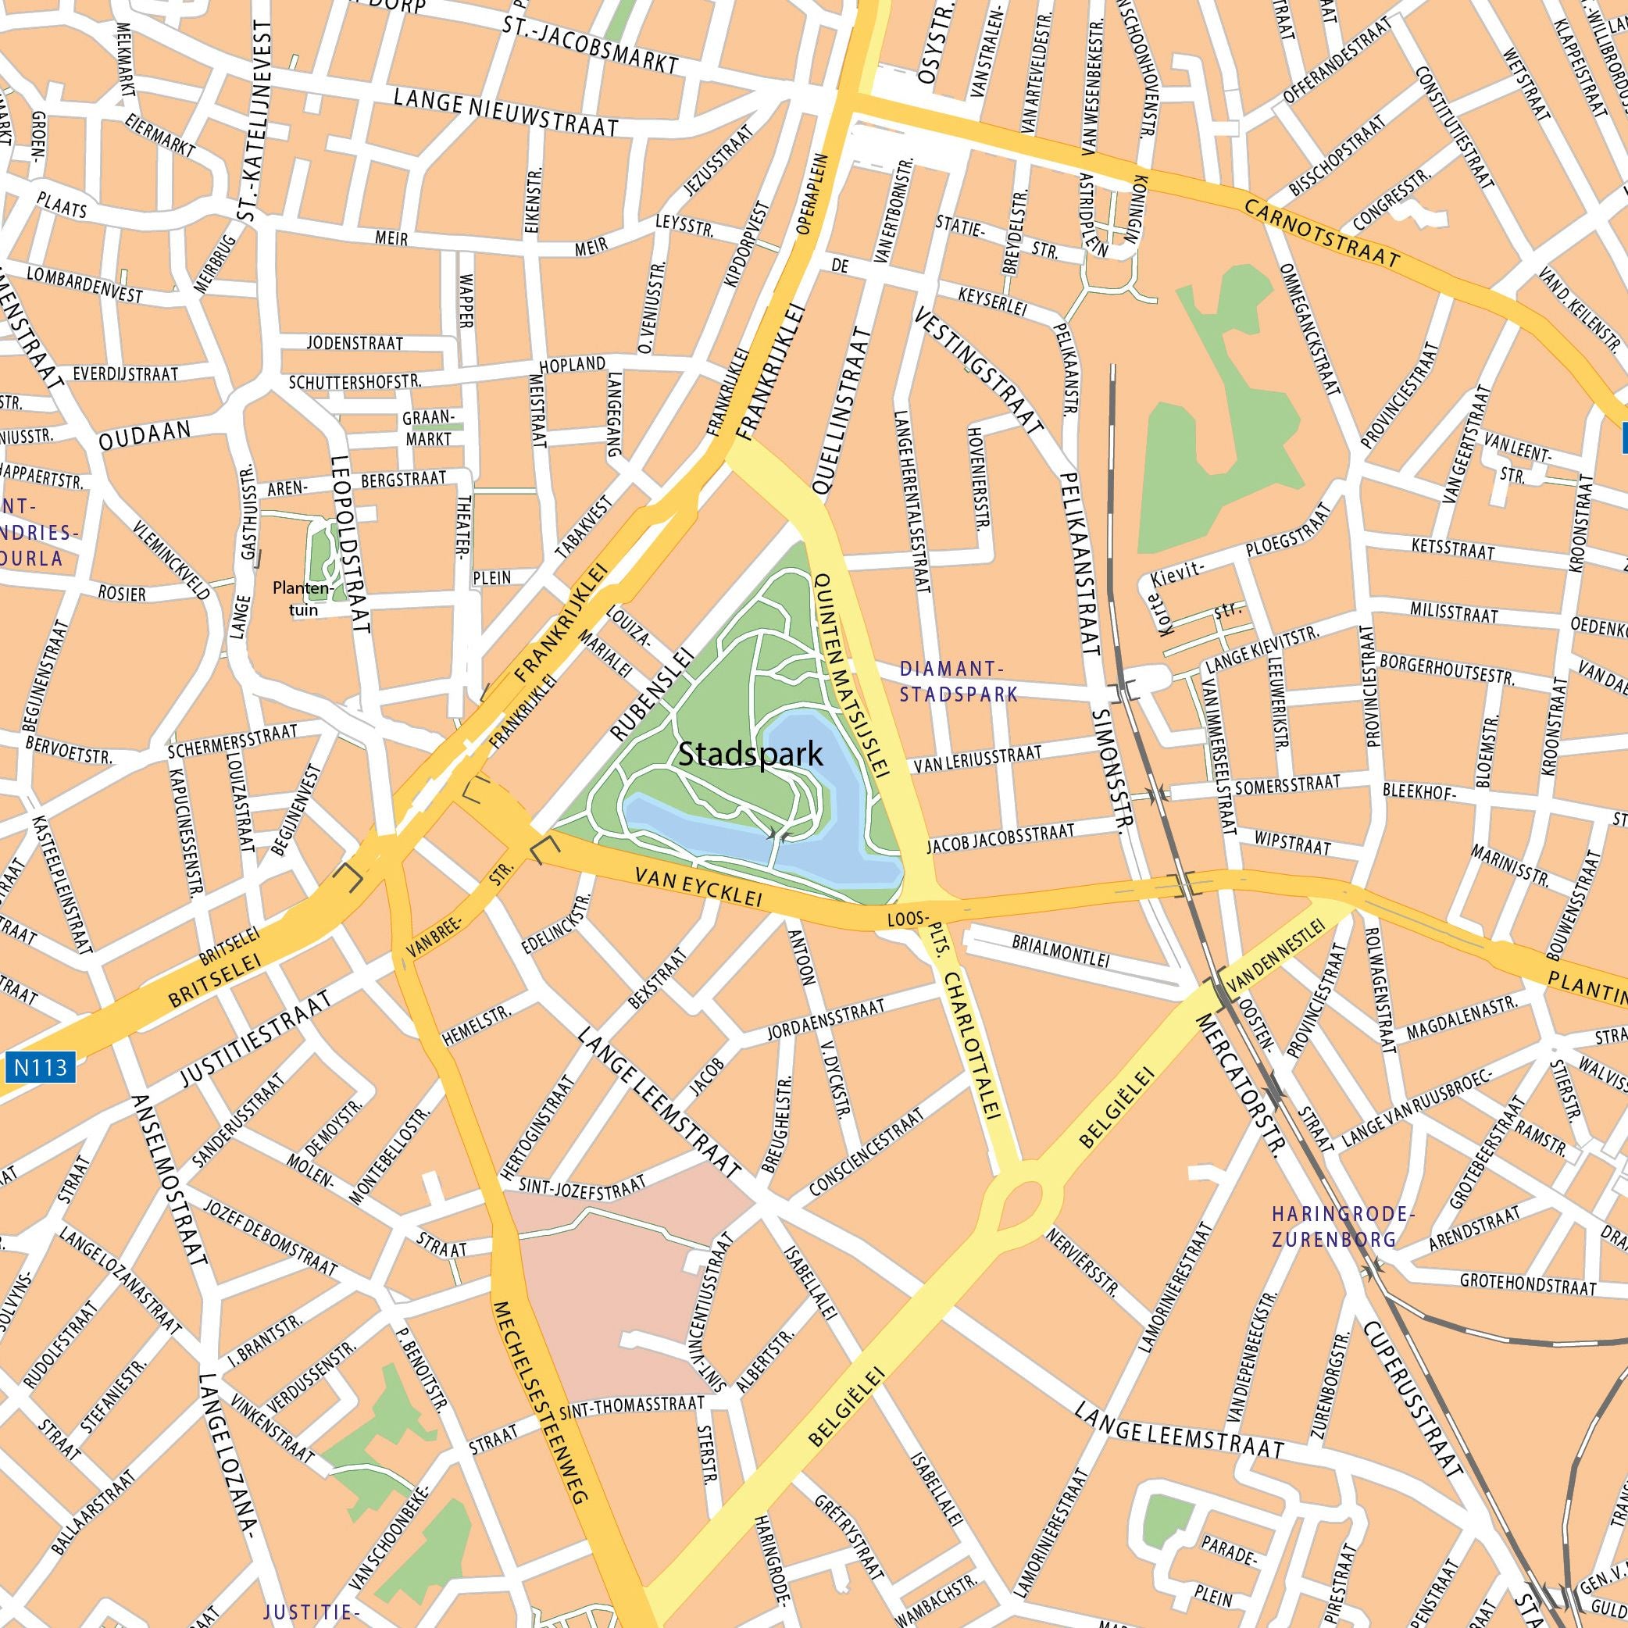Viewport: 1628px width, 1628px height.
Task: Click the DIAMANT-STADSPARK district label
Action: coord(958,681)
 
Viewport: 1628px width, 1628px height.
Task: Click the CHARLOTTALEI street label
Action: coord(972,1045)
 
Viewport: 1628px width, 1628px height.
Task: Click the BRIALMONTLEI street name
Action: coord(1061,953)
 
